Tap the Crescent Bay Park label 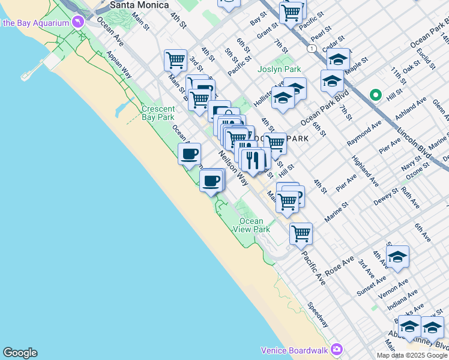coord(158,113)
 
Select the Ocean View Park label coord(252,225)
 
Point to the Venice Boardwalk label coord(295,350)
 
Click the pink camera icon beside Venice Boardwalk coord(336,349)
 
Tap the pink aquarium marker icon coord(77,23)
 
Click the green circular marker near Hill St coord(376,95)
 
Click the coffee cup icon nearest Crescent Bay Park coord(189,154)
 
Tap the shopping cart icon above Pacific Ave coord(300,233)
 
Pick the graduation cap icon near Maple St coord(339,59)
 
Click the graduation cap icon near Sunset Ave coord(397,256)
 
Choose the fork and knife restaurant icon coord(253,160)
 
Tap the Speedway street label coord(318,314)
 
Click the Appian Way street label coord(119,64)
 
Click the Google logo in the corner coord(20,353)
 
